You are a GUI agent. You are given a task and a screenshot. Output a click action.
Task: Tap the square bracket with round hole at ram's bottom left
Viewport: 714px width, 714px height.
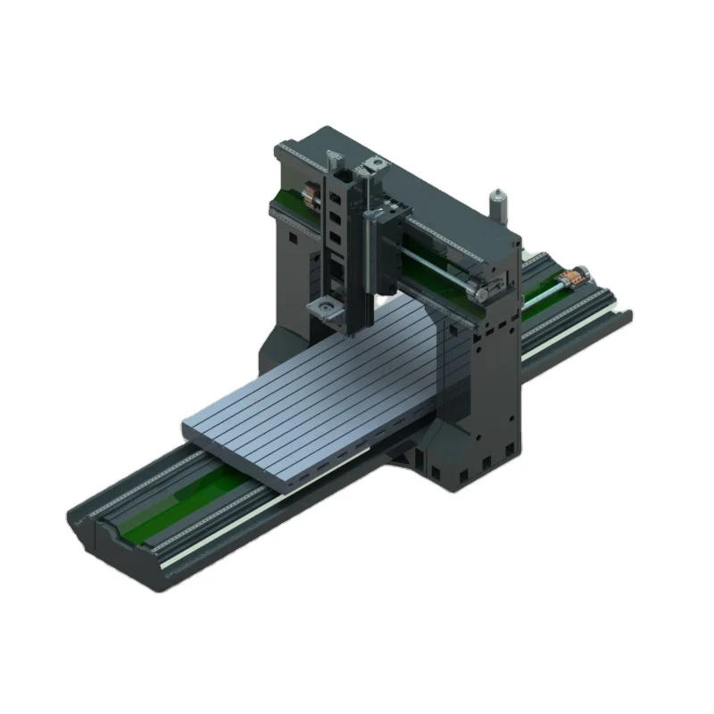[323, 309]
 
